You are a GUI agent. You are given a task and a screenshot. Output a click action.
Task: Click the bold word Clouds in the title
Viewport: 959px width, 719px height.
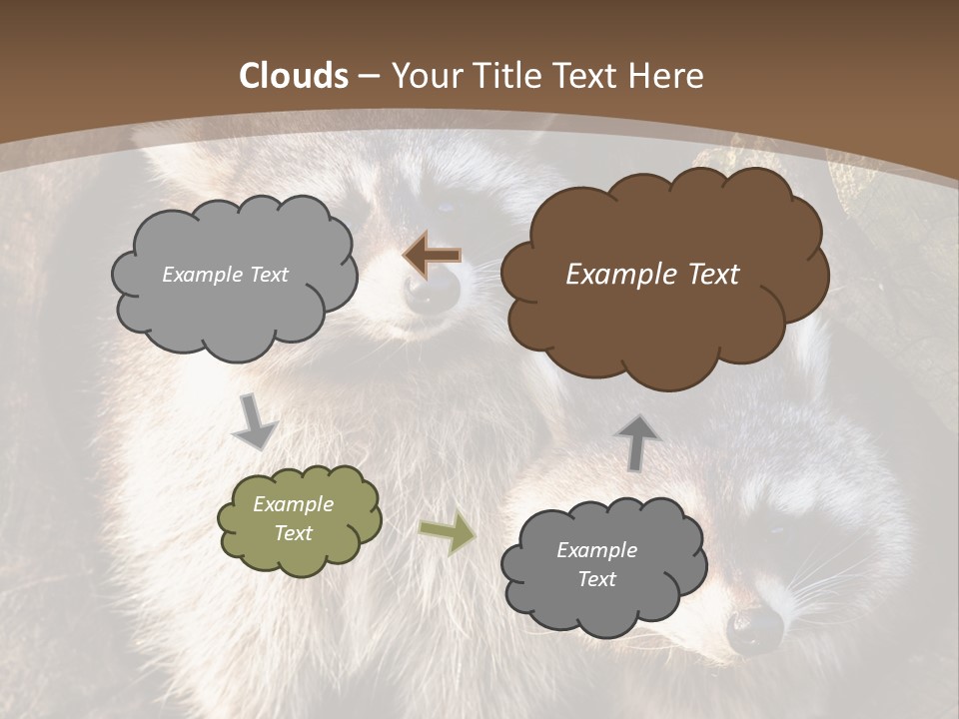coord(294,76)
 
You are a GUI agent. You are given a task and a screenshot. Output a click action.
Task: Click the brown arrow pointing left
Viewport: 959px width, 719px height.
coord(432,256)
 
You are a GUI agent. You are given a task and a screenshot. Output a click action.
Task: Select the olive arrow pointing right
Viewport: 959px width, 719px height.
coord(448,533)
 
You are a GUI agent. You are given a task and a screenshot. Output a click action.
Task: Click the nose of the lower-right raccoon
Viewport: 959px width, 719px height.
coord(754,628)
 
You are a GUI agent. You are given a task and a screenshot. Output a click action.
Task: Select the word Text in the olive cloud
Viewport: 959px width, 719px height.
coord(294,533)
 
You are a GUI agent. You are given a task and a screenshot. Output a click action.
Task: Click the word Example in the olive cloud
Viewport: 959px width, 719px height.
coord(293,504)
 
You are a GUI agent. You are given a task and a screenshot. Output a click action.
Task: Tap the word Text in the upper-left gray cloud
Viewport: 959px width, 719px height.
coord(267,275)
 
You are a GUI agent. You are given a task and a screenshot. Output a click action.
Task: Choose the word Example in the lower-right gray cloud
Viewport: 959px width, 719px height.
coord(596,550)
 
